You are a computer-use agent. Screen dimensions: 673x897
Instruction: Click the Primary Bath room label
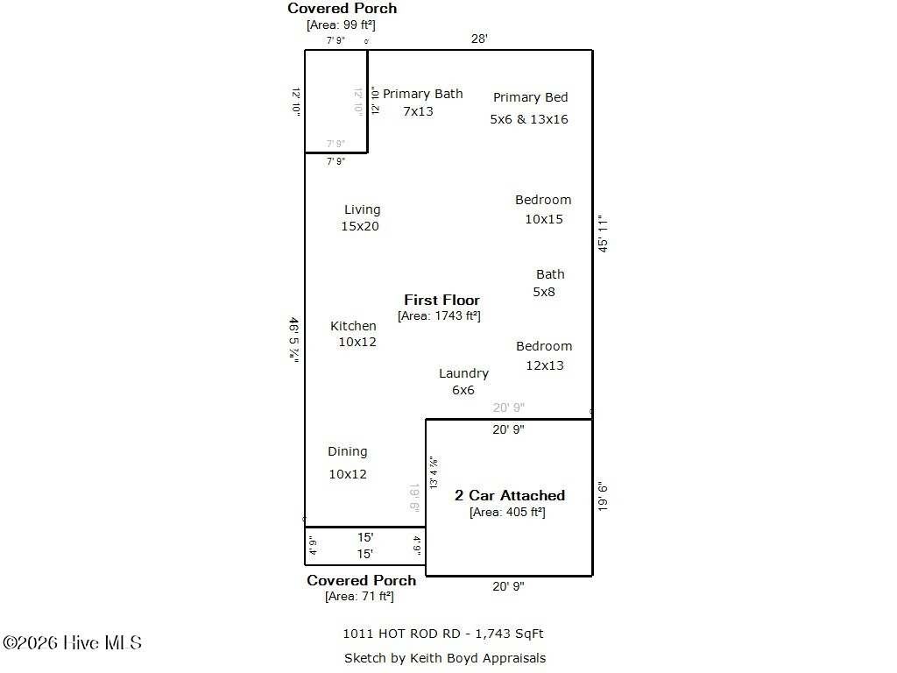coord(422,94)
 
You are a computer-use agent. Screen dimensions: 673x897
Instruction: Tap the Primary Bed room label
coord(530,97)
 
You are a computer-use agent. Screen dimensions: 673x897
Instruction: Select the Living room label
coord(362,209)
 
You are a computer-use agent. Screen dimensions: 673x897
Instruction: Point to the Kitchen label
coord(353,326)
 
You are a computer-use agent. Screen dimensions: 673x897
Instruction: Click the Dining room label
coord(348,451)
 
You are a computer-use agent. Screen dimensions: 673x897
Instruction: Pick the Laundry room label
coord(463,373)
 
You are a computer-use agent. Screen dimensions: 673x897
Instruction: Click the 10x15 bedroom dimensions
coord(544,219)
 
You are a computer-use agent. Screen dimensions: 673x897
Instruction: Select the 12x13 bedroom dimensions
coord(545,365)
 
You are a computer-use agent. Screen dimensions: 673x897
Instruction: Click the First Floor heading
coord(441,300)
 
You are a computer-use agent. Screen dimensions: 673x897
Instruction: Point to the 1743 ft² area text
coord(439,315)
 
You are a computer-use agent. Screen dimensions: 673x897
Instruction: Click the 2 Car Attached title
coord(509,495)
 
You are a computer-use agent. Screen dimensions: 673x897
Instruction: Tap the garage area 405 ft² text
coord(507,512)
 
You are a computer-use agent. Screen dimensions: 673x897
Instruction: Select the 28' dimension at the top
coord(479,39)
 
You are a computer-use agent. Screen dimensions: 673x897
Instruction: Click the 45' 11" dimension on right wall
coord(603,234)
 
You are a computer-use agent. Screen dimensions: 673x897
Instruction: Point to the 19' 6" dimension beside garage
coord(603,497)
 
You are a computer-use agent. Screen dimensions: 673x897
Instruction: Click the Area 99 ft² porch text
coord(341,25)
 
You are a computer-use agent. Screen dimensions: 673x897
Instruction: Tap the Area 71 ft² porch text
coord(359,596)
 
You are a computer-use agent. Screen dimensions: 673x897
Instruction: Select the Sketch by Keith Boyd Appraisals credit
coord(445,657)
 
